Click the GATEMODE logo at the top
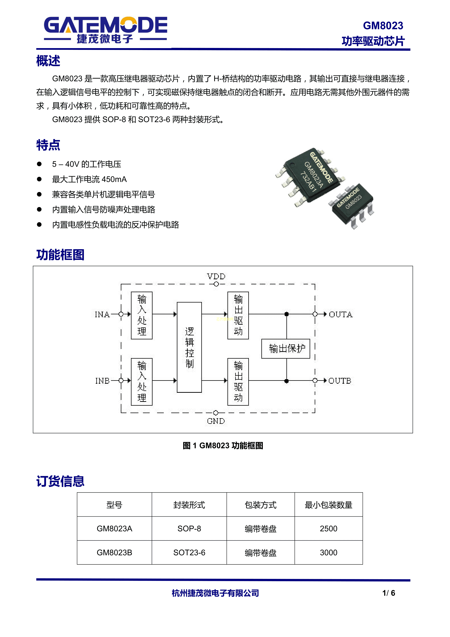[106, 30]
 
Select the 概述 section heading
[48, 61]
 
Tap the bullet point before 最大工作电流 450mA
[39, 179]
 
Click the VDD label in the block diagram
[216, 276]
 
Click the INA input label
[102, 314]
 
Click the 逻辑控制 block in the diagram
[189, 347]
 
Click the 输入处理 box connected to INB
[142, 382]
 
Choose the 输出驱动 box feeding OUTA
[238, 315]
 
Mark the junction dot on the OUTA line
[287, 314]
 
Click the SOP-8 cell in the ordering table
[189, 529]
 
